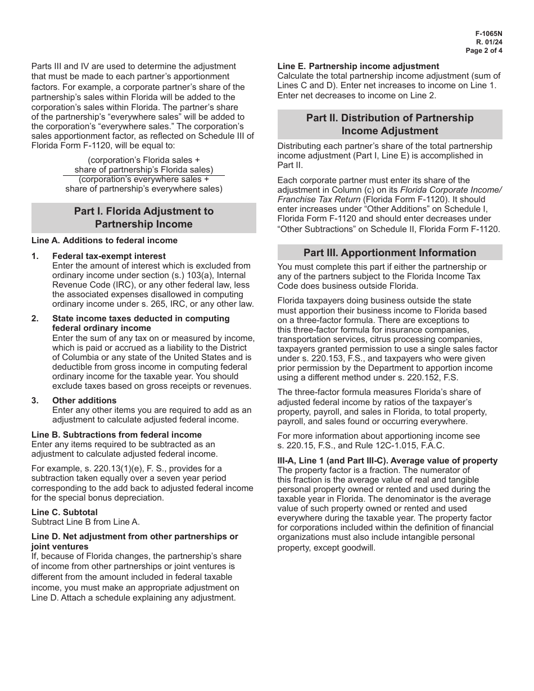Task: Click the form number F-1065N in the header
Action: (488, 34)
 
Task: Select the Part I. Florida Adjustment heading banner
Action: (144, 218)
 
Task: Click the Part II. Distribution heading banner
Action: (390, 124)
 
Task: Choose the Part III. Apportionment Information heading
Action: (390, 252)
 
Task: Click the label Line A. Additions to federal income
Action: (105, 240)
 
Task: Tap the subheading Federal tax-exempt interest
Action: (109, 256)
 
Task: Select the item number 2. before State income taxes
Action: (35, 319)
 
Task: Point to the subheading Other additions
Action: (84, 401)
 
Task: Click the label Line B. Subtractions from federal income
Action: (116, 435)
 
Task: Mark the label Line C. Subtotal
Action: (65, 512)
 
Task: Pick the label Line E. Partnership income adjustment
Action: (359, 66)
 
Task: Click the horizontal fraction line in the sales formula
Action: (144, 175)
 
